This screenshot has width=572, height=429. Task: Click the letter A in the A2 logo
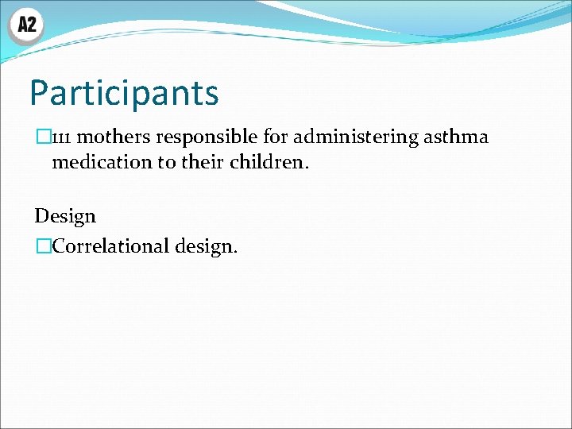(x=21, y=25)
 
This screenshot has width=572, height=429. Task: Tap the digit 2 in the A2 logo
(x=32, y=25)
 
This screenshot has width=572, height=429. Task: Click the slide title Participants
(x=124, y=93)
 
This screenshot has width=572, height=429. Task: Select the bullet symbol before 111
(x=41, y=137)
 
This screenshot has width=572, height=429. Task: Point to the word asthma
(x=456, y=137)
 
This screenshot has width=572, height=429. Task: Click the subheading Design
(x=65, y=216)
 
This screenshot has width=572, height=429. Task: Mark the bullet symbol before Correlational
(x=41, y=246)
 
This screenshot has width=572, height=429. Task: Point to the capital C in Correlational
(x=60, y=246)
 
